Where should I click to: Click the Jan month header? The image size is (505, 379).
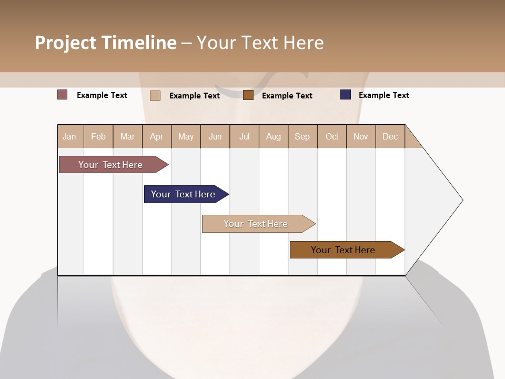click(70, 136)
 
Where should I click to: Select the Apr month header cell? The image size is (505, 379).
click(157, 136)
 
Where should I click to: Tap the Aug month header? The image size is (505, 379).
click(274, 136)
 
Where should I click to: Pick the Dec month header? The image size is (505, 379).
click(390, 136)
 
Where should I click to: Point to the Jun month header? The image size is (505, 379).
click(215, 136)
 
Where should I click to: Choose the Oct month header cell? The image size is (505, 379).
click(332, 136)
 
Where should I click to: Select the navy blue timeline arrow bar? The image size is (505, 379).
click(184, 194)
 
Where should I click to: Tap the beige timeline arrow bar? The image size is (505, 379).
click(257, 224)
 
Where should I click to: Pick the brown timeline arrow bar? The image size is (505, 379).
click(345, 250)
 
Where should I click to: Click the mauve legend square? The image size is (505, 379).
click(62, 95)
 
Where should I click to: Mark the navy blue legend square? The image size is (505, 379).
click(345, 95)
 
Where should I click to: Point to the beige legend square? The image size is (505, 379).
click(155, 95)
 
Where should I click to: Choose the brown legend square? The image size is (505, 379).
click(248, 95)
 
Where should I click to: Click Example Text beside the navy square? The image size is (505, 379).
click(383, 95)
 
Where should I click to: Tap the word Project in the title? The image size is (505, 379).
click(65, 43)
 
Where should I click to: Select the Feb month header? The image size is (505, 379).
click(98, 136)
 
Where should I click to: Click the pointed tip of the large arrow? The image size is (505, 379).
click(461, 200)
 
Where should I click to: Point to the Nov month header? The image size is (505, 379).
click(361, 136)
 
